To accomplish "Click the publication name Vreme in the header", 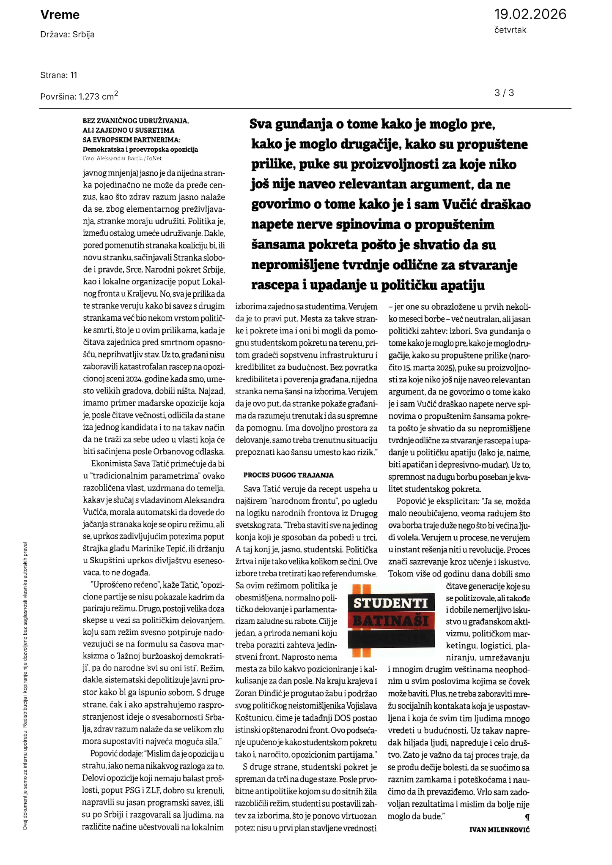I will pos(60,15).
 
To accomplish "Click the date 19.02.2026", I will pos(530,14).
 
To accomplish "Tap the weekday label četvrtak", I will pos(510,30).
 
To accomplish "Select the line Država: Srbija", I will pos(67,35).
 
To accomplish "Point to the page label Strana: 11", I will pos(59,75).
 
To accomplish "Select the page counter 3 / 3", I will pos(504,93).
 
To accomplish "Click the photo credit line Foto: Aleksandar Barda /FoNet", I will pos(122,158).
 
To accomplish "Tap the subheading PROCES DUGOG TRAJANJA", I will pos(288,475).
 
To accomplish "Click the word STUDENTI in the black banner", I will pos(390,603).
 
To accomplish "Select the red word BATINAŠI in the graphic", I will pos(390,621).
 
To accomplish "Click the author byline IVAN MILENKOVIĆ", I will pos(499,830).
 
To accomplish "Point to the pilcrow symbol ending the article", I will pos(527,818).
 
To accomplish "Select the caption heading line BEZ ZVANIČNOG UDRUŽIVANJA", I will pos(136,121).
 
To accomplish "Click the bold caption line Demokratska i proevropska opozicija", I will pos(140,149).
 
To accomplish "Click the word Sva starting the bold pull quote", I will pos(261,124).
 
